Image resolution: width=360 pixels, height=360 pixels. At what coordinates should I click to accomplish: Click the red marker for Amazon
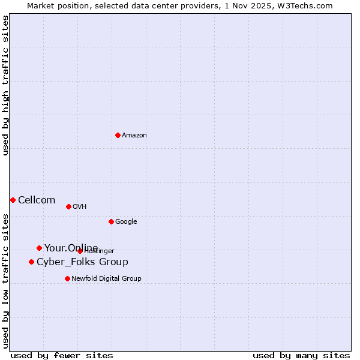click(118, 135)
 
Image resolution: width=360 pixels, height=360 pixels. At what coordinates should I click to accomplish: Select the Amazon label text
click(134, 136)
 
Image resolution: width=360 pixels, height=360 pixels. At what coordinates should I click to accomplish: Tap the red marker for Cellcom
click(13, 200)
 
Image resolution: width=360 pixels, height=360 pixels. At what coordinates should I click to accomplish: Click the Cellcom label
click(37, 200)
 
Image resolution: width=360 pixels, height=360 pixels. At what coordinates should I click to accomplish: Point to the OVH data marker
click(68, 206)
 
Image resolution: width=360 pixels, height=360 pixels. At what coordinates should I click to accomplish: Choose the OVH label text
click(80, 207)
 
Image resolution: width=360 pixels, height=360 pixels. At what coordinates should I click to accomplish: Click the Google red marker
click(111, 221)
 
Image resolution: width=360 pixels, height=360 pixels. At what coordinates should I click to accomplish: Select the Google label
click(126, 222)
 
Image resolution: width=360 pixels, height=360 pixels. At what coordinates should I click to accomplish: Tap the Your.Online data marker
click(39, 248)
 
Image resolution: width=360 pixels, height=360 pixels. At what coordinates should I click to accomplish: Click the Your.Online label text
click(71, 248)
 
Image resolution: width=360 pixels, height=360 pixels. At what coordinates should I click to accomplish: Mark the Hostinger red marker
click(80, 251)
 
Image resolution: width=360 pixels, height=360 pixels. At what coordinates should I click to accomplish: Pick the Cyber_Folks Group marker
click(31, 262)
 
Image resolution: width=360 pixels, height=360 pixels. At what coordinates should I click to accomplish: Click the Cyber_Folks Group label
click(82, 262)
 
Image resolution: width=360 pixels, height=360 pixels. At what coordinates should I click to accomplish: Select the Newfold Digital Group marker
click(67, 278)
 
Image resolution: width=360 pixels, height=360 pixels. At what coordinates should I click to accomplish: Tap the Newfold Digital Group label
click(106, 279)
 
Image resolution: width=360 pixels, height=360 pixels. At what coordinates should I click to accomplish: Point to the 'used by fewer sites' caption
click(62, 356)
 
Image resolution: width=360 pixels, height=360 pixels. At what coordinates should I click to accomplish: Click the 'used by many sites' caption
click(301, 356)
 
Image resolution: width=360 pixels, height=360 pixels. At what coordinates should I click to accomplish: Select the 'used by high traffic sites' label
click(6, 86)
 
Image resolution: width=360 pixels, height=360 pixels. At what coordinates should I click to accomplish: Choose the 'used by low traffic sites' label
click(6, 281)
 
